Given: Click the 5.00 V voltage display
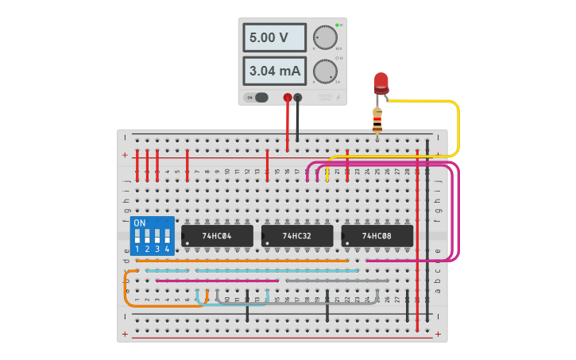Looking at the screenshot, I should (273, 37).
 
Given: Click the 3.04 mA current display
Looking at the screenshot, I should (273, 71).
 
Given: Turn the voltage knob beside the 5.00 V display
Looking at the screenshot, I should (324, 37).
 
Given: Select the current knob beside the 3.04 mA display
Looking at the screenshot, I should (324, 71).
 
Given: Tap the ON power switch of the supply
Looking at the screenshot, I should (257, 98).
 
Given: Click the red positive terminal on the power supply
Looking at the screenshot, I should (288, 98).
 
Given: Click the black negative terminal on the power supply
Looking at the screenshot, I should (298, 98).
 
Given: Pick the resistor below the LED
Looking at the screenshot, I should (377, 120).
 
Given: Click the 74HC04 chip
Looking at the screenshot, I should (217, 235).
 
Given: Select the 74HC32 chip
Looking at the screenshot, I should (297, 235).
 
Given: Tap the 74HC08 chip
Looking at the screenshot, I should (377, 235).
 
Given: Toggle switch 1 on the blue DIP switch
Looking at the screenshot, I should (137, 237).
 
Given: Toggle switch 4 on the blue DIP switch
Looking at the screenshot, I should (168, 237).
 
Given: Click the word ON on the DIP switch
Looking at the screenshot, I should (140, 223).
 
